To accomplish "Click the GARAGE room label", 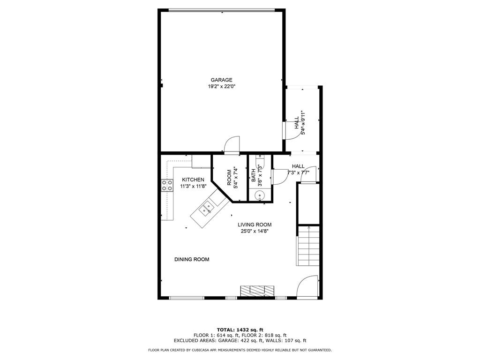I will coord(221,80).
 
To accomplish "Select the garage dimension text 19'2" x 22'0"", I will coord(221,86).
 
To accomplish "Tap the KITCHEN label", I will coord(193,180).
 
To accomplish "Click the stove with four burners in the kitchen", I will coord(166,186).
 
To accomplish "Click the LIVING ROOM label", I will coord(254,225).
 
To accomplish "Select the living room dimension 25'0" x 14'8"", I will coord(254,231).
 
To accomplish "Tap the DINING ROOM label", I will coord(192,259).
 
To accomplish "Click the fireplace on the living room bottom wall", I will coord(257,291).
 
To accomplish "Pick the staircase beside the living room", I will coord(308,246).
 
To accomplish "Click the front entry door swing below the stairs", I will coord(308,287).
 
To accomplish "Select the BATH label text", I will coord(254,175).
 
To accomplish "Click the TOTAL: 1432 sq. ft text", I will coord(240,330).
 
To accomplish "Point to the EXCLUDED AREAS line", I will coord(240,341).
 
